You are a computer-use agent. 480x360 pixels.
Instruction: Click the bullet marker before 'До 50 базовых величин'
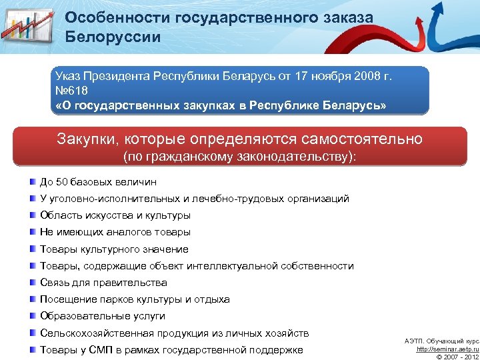(33, 181)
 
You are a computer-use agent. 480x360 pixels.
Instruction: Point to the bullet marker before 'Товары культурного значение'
(33, 249)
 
